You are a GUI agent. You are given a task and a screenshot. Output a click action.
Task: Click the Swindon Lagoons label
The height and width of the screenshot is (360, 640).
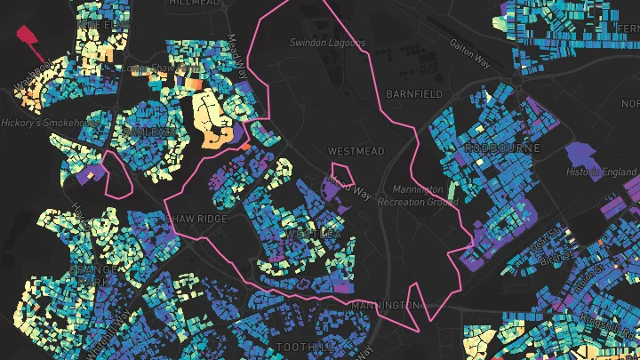click(327, 43)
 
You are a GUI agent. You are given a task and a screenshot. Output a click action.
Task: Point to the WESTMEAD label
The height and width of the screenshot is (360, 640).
click(356, 151)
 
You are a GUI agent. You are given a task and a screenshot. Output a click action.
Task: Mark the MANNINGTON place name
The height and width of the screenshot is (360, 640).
click(385, 306)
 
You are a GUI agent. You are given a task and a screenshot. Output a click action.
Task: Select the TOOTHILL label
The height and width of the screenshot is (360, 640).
click(303, 346)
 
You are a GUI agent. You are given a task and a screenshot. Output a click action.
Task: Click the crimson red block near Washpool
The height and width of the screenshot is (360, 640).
click(29, 36)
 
